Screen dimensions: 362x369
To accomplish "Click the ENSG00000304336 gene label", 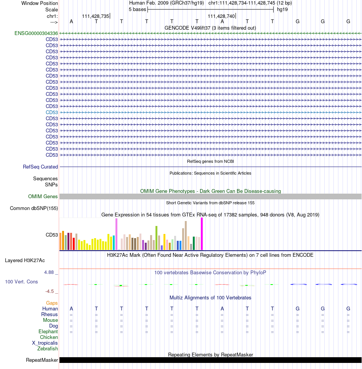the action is tap(36, 33).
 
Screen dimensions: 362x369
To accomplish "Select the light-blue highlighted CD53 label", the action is tap(52, 113).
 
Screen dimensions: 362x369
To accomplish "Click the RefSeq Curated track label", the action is tap(40, 167).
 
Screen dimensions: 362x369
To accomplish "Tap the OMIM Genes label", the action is tap(43, 197).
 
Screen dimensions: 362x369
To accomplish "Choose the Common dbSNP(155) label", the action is tap(34, 208).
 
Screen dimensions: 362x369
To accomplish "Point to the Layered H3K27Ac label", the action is tap(25, 261).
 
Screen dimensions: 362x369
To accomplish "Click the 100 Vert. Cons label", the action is tap(21, 282).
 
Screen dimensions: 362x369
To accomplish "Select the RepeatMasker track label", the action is tap(42, 360).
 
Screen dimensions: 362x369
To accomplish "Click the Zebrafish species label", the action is tap(47, 349).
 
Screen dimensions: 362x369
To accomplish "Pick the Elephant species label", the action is tap(48, 332).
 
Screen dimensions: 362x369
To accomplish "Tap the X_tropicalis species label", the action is tap(45, 343).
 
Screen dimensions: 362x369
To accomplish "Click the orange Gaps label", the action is tap(52, 303).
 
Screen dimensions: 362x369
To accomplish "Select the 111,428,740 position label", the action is tap(221, 16).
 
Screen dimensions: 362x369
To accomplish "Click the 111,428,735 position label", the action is tap(95, 16).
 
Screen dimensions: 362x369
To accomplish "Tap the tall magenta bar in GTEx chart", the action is tap(202, 234).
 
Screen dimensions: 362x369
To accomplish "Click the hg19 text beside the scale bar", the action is tap(282, 10).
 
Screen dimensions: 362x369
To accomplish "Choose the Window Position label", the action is tap(40, 3).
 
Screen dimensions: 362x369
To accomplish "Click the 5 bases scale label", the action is tap(138, 10).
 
